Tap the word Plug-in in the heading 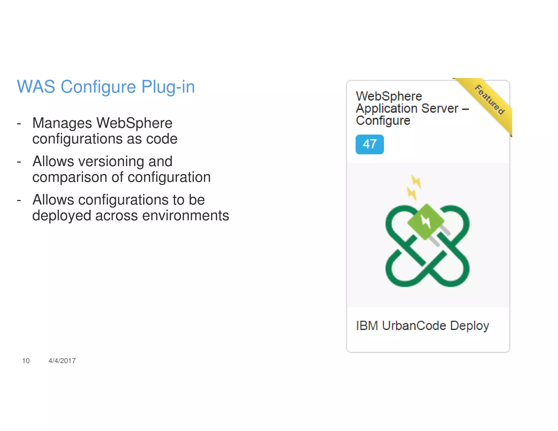coord(168,87)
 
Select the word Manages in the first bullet coord(62,123)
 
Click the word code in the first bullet coord(162,139)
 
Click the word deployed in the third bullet coord(62,216)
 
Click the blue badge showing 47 coord(369,144)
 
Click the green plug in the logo coord(426,221)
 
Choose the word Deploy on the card coord(469,326)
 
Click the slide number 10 coord(26,361)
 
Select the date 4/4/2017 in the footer coord(62,361)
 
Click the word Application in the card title coord(387,109)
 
